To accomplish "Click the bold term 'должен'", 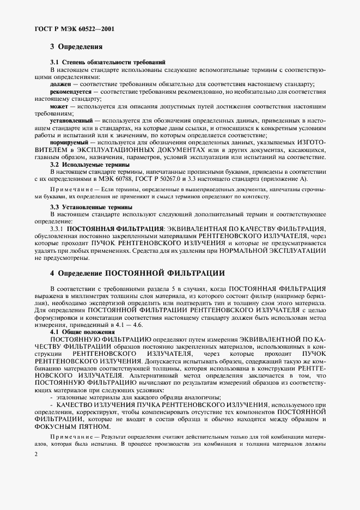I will pos(60,85).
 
